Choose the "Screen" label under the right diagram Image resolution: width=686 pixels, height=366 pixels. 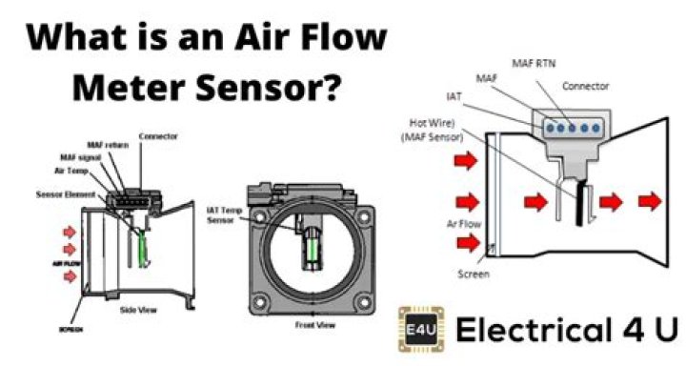coord(474,274)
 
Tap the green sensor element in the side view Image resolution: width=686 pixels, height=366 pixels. coord(144,249)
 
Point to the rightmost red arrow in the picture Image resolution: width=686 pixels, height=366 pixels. coord(653,201)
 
